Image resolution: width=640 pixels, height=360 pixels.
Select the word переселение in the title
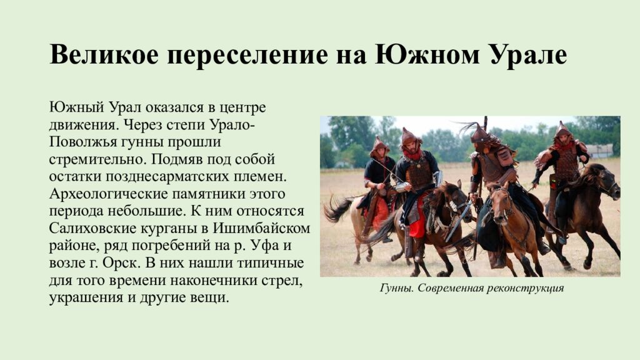point(244,55)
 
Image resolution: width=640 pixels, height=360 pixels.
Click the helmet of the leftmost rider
point(378,146)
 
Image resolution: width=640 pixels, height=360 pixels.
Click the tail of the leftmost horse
point(337,209)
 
